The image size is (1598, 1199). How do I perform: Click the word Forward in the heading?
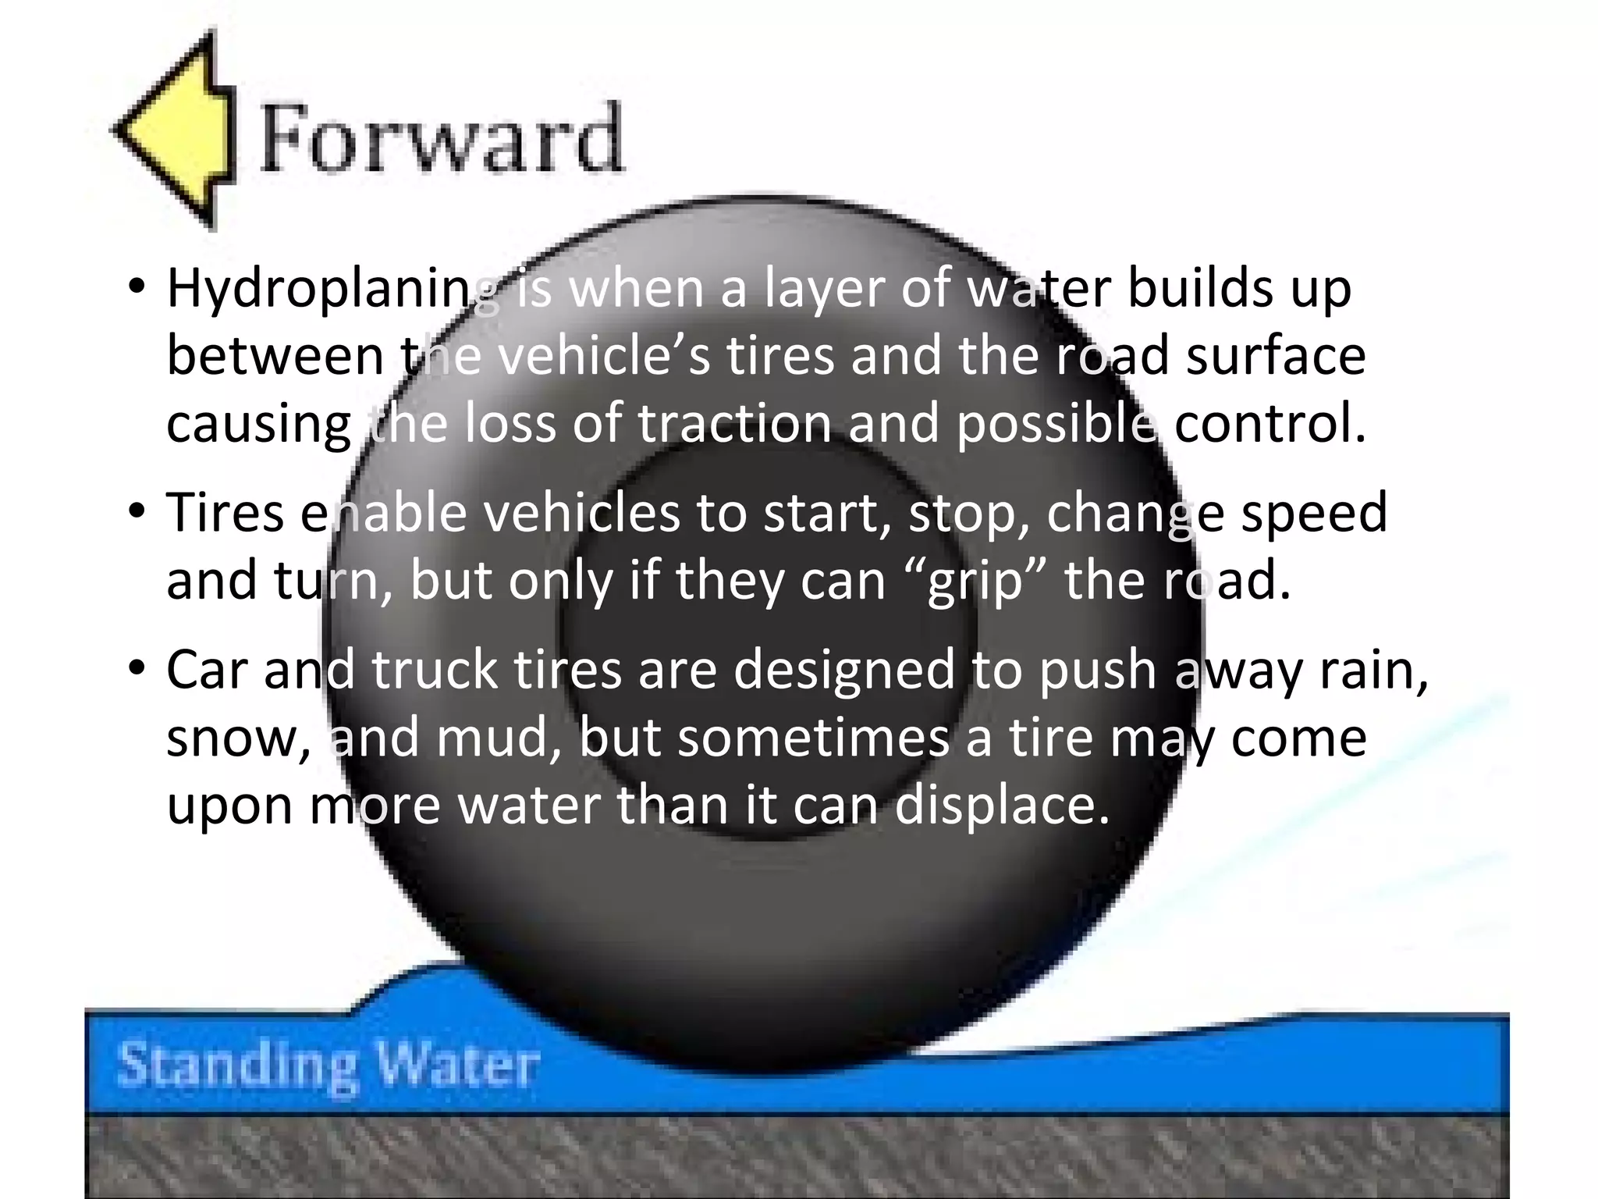442,139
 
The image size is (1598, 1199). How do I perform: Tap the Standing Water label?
328,1065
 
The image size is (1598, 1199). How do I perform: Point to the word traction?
734,423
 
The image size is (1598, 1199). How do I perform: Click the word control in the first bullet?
1270,423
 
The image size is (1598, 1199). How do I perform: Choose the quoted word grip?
975,582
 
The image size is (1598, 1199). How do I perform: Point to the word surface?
1276,356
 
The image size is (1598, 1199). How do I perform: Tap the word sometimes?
814,738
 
